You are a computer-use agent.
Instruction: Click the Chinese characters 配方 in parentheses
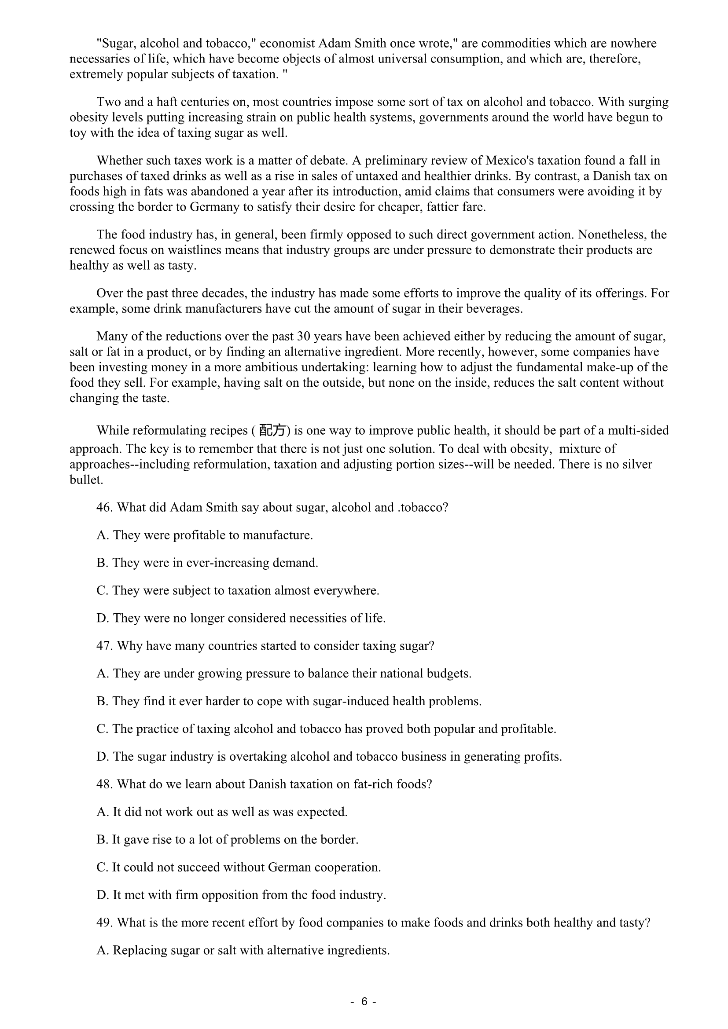[x=272, y=431]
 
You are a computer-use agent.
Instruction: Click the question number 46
[x=104, y=507]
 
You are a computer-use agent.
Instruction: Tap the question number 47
[x=104, y=646]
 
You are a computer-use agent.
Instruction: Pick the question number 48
[x=104, y=784]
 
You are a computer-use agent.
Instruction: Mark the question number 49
[x=104, y=923]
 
